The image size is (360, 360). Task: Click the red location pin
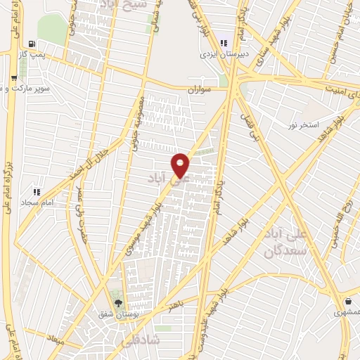click(x=181, y=165)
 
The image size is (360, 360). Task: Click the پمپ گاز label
click(x=32, y=54)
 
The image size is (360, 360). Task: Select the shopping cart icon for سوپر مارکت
click(x=14, y=77)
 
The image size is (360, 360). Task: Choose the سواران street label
click(x=199, y=90)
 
